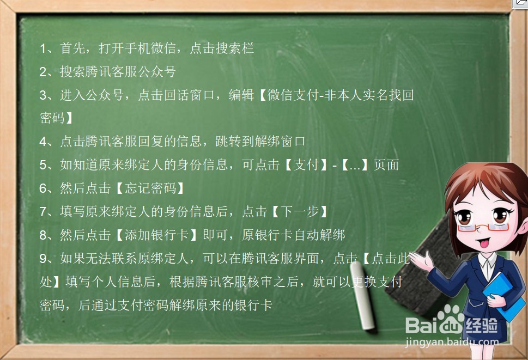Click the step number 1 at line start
click(44, 48)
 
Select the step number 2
click(44, 72)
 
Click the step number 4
click(44, 142)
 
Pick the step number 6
click(44, 188)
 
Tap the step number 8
click(44, 235)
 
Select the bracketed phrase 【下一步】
click(300, 212)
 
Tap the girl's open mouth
click(478, 240)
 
